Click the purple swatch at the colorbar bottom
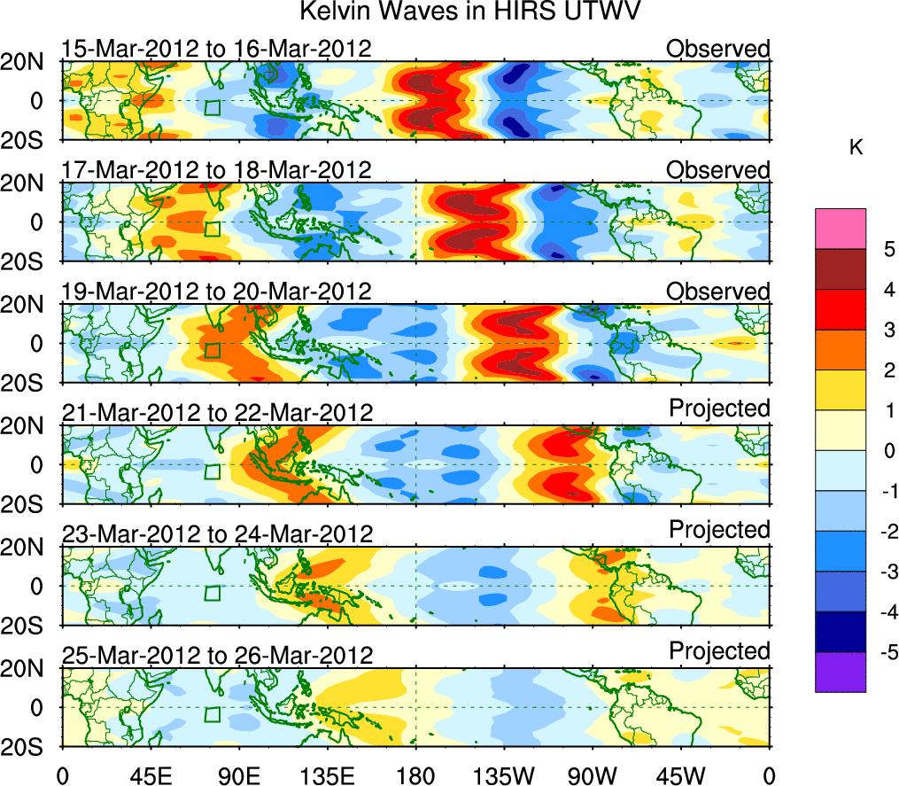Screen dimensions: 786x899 click(840, 672)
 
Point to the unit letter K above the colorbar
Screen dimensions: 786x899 click(856, 148)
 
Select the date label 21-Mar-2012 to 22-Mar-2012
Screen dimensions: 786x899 click(217, 413)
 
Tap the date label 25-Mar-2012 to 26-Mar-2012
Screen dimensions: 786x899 click(217, 656)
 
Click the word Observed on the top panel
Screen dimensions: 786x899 click(718, 49)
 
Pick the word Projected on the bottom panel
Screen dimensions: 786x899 click(719, 651)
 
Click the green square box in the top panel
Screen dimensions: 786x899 click(212, 108)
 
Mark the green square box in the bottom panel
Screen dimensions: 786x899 click(212, 715)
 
